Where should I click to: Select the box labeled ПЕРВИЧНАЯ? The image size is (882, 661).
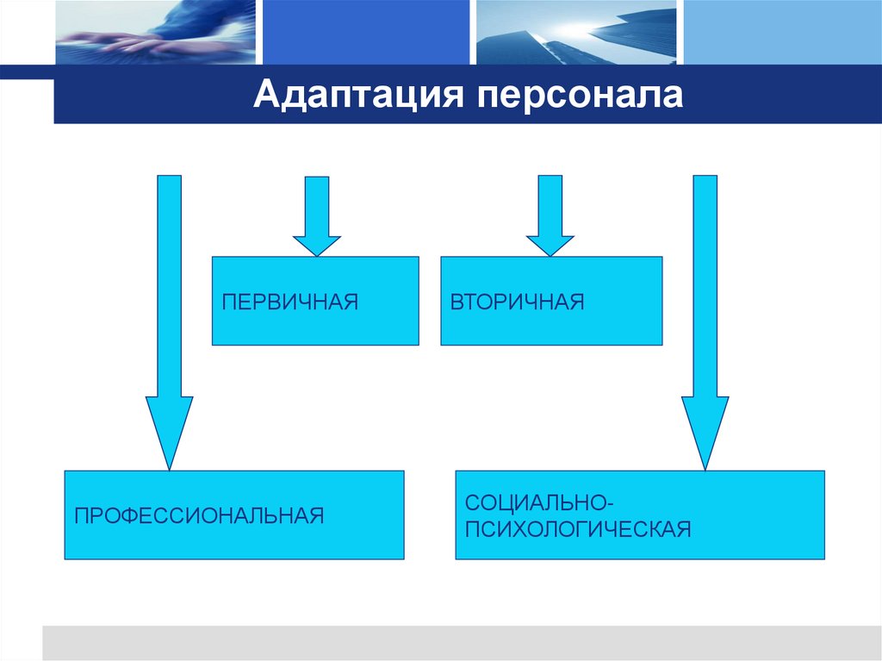click(315, 301)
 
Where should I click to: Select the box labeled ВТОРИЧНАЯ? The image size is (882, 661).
click(551, 301)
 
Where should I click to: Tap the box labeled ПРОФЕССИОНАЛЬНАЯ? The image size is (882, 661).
click(234, 514)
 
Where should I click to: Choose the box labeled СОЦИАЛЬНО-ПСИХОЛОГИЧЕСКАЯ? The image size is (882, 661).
click(639, 514)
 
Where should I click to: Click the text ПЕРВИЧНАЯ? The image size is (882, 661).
click(289, 302)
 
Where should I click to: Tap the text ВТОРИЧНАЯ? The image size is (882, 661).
click(517, 302)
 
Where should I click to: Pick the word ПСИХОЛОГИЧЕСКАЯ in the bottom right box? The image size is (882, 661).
click(578, 527)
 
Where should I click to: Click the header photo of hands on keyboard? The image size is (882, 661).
click(155, 32)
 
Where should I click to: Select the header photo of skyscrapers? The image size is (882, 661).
click(576, 32)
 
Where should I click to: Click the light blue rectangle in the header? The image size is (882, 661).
click(780, 32)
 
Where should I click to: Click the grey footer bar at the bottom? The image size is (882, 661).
click(461, 643)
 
